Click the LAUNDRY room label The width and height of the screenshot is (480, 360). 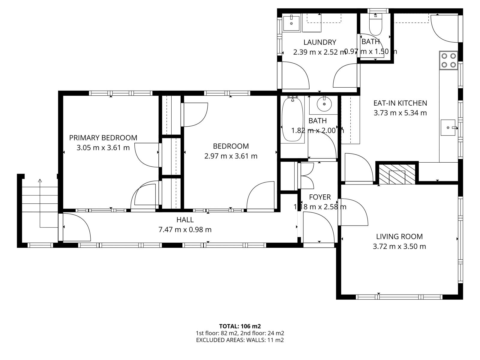(x=319, y=42)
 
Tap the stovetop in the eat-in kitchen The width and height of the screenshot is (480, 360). (x=448, y=60)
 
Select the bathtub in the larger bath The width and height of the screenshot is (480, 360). (x=292, y=119)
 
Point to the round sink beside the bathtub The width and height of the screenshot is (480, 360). (x=324, y=104)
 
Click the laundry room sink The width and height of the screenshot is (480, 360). (x=292, y=23)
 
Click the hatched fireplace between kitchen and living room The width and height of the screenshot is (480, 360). (x=397, y=174)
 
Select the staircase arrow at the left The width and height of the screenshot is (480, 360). (x=40, y=204)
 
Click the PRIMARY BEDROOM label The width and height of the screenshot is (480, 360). (x=103, y=138)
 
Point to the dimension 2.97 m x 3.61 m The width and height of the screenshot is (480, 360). (x=231, y=156)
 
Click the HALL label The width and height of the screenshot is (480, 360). (x=185, y=220)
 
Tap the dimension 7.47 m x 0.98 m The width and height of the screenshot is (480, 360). (x=185, y=230)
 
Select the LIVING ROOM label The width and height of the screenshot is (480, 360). (x=399, y=236)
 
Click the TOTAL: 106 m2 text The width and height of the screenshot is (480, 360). (x=240, y=326)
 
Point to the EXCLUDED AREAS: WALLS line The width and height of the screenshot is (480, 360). (x=240, y=340)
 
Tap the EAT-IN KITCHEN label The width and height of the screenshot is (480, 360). (x=400, y=103)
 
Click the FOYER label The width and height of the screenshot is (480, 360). (x=320, y=197)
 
